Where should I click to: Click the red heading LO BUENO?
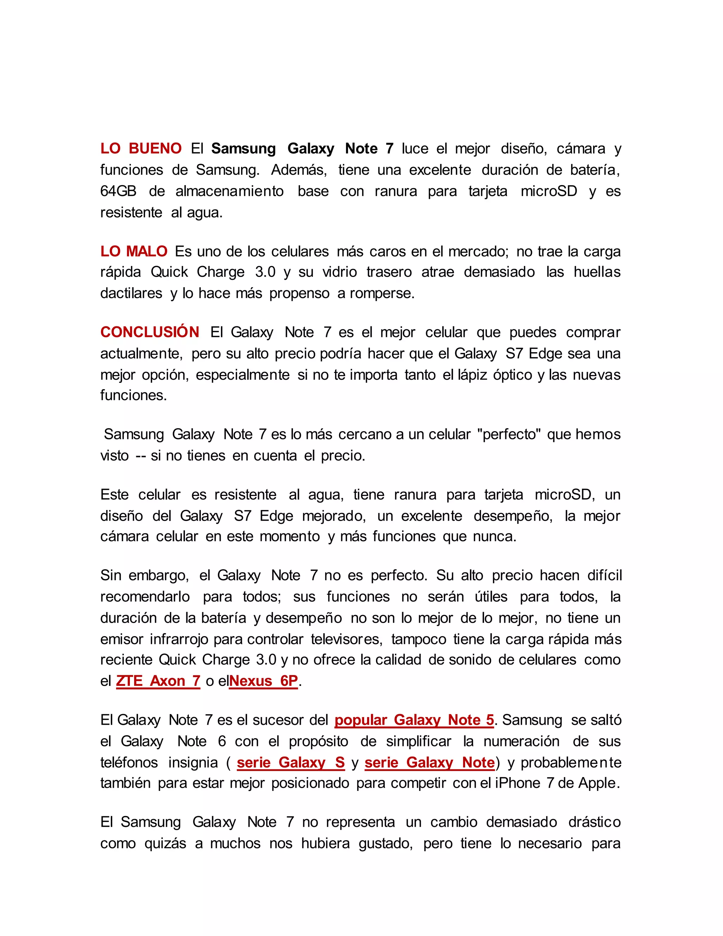click(141, 149)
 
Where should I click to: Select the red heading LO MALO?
click(134, 251)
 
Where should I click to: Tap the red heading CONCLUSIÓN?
click(149, 332)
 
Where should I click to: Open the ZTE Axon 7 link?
click(158, 681)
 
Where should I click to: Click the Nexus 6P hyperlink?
click(263, 681)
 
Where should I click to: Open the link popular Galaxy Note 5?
click(414, 720)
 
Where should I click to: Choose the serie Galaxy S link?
click(291, 763)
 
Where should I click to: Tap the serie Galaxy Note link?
click(430, 763)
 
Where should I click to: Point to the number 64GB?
click(118, 191)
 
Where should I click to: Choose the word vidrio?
click(340, 272)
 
